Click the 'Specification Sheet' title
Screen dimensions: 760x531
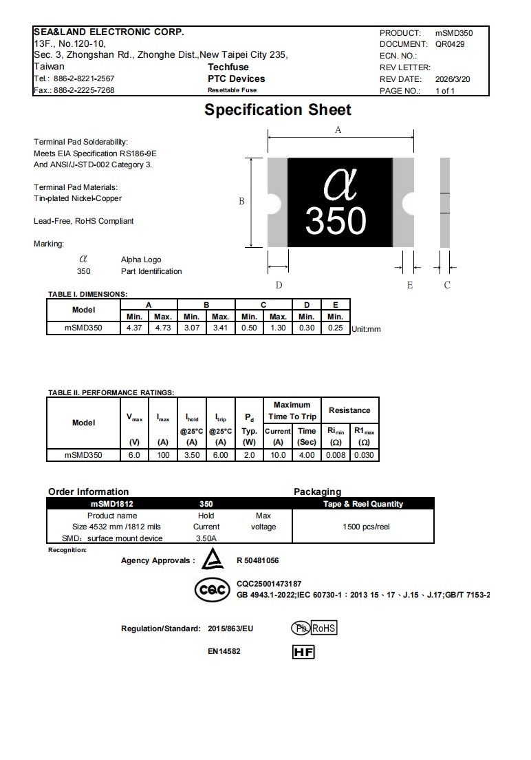pyautogui.click(x=278, y=110)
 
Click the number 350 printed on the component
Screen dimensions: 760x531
pyautogui.click(x=336, y=220)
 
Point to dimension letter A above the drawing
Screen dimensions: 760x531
pyautogui.click(x=338, y=129)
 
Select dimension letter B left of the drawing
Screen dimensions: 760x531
pyautogui.click(x=241, y=202)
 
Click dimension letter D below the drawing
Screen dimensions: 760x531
pyautogui.click(x=279, y=285)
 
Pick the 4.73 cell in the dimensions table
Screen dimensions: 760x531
pyautogui.click(x=162, y=328)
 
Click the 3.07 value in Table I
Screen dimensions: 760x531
pyautogui.click(x=192, y=328)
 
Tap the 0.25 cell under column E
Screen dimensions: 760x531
pyautogui.click(x=335, y=328)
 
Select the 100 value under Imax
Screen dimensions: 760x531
pyautogui.click(x=163, y=455)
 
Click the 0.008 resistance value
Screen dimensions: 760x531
pyautogui.click(x=336, y=455)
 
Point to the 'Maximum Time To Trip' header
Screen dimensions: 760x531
pyautogui.click(x=292, y=410)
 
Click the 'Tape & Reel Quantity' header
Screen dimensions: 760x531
pyautogui.click(x=363, y=504)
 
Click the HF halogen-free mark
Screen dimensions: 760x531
pyautogui.click(x=303, y=651)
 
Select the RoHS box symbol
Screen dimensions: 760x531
pyautogui.click(x=324, y=629)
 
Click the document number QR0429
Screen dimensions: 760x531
pyautogui.click(x=450, y=44)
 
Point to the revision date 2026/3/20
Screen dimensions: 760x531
pyautogui.click(x=453, y=79)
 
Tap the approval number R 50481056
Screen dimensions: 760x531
pyautogui.click(x=257, y=560)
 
